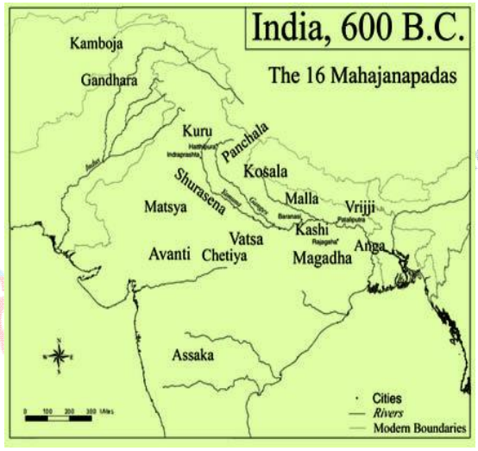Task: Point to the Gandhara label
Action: click(x=109, y=80)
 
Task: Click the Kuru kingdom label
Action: click(x=198, y=131)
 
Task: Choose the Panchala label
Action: click(x=245, y=141)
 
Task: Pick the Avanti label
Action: click(x=169, y=255)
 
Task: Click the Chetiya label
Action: click(x=223, y=256)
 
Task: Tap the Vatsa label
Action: click(x=248, y=236)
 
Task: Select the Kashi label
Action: click(x=311, y=231)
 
